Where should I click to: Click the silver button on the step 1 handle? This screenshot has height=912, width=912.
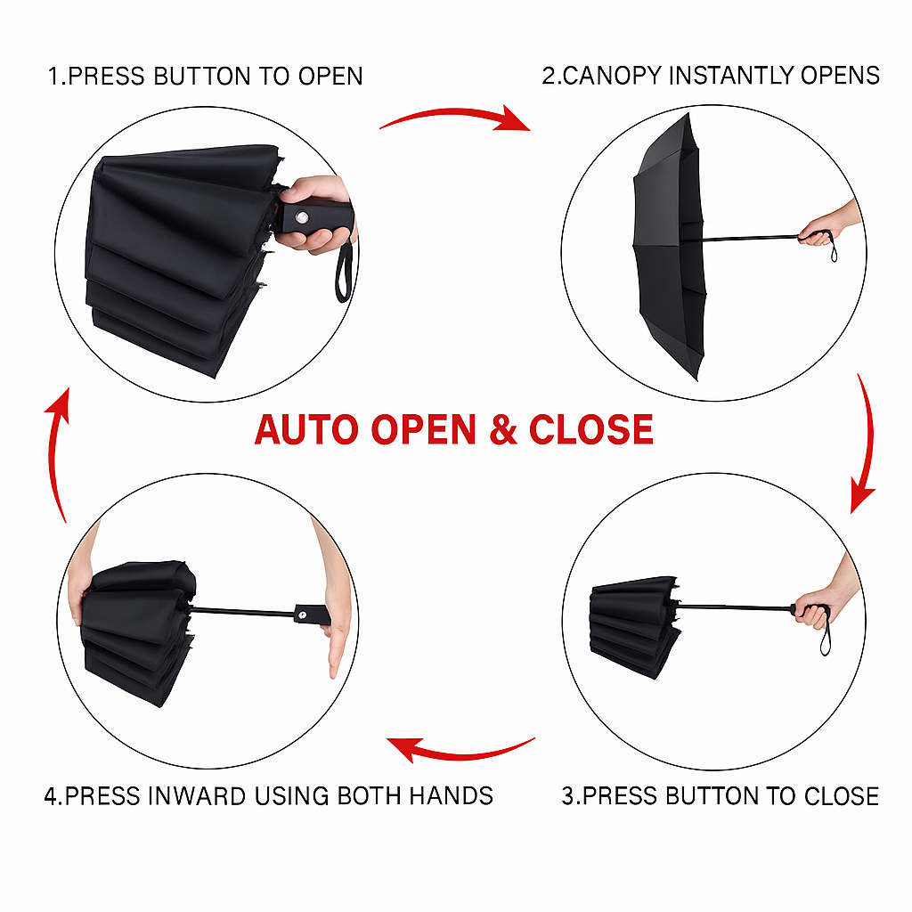302,217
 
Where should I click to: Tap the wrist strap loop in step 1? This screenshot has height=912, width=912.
344,273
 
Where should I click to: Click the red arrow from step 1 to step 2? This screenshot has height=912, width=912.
455,118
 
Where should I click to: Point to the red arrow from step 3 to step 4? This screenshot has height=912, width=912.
460,751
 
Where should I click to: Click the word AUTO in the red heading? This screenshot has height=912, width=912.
307,430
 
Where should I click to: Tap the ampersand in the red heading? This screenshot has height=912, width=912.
503,430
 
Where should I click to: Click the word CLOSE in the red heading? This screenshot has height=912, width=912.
591,430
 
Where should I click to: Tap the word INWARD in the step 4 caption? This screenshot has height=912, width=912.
197,795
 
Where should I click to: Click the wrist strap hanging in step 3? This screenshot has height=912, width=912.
824,634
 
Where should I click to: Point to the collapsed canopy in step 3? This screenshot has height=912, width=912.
634,626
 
